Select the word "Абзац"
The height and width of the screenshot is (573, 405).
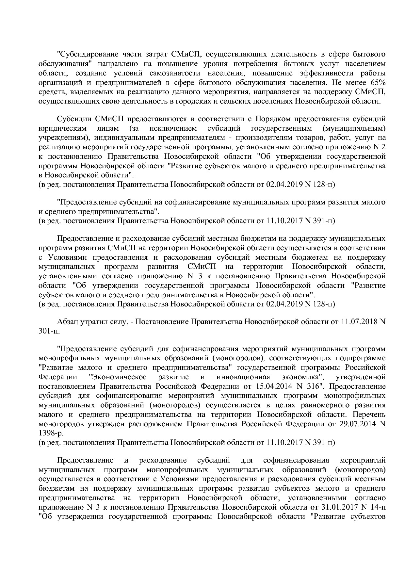68,322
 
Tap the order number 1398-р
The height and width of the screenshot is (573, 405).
51,433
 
